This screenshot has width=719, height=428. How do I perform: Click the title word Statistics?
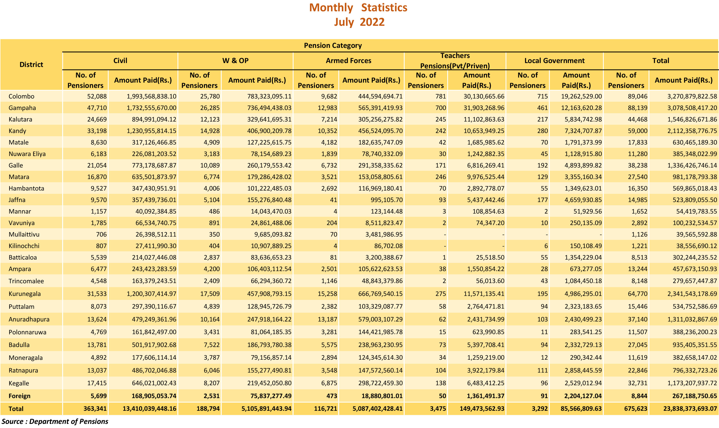[x=384, y=8]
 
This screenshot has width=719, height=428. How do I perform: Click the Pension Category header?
[x=333, y=46]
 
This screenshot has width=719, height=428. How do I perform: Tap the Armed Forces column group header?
[x=348, y=61]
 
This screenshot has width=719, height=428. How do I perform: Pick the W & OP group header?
[x=235, y=61]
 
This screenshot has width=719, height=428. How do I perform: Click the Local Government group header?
[x=554, y=61]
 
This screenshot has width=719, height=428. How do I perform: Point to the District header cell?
[x=31, y=65]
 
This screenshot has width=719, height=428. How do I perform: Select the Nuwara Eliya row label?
[x=27, y=154]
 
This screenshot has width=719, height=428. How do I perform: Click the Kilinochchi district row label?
[x=24, y=246]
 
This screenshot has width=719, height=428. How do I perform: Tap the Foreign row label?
[x=20, y=396]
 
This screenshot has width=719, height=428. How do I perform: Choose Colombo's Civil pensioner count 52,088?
[x=97, y=96]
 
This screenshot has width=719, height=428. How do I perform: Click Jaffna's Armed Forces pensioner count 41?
[x=333, y=200]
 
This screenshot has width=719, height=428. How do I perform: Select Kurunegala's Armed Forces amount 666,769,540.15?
[x=380, y=294]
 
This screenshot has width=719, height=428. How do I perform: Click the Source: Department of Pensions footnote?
[x=55, y=422]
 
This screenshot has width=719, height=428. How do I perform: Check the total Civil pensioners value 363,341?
[x=95, y=409]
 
